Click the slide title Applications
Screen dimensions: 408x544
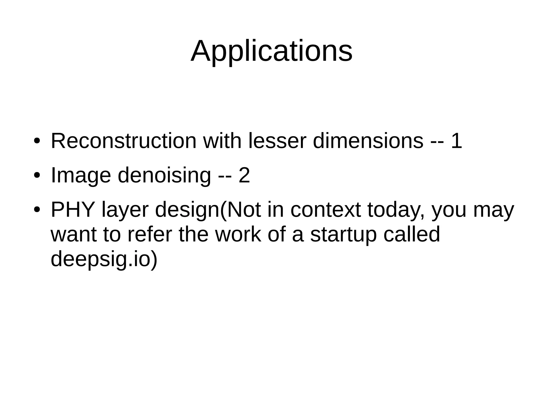point(271,51)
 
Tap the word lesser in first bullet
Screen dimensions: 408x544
point(277,141)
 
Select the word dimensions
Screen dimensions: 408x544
point(368,141)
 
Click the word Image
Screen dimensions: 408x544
point(81,175)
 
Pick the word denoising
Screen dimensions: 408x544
point(164,175)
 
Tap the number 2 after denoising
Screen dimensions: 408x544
point(244,175)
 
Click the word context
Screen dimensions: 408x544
point(326,210)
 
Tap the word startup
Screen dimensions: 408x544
point(343,235)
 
